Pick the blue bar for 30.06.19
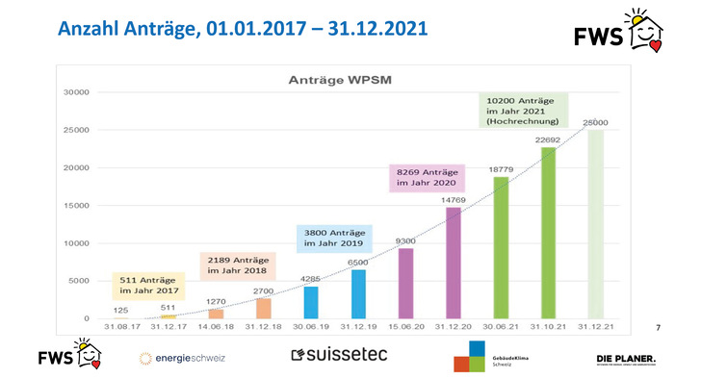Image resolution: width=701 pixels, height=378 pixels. click(x=311, y=302)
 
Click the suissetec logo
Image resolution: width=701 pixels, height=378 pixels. click(x=339, y=355)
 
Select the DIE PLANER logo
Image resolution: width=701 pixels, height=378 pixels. click(x=627, y=360)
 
